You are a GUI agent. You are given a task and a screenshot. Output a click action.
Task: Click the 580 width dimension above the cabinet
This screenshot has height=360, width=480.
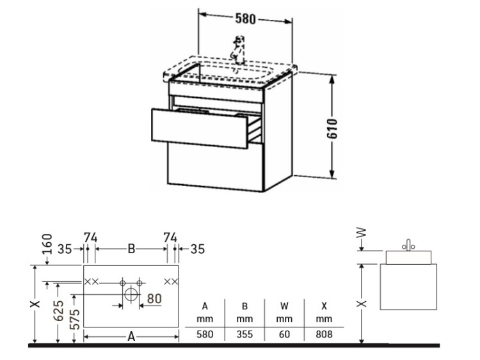[x=245, y=19]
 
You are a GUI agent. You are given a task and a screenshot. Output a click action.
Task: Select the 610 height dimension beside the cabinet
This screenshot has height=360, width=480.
[x=332, y=129]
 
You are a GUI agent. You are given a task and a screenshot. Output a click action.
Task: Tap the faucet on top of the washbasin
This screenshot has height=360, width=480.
[x=239, y=50]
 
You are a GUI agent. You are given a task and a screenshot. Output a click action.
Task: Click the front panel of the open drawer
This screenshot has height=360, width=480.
[x=199, y=129]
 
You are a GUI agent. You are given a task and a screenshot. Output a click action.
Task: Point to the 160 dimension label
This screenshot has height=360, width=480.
[x=47, y=244]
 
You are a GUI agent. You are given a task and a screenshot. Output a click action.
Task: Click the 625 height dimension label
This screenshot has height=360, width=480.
[x=58, y=311]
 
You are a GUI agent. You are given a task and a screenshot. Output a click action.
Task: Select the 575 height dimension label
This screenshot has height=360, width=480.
[x=75, y=319]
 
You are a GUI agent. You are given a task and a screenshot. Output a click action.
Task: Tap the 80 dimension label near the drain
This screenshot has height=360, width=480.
[x=154, y=299]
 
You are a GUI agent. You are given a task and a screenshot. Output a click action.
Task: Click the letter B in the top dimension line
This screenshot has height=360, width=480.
[x=131, y=249]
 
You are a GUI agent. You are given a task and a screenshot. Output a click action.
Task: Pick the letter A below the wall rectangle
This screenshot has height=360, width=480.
[x=131, y=336]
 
